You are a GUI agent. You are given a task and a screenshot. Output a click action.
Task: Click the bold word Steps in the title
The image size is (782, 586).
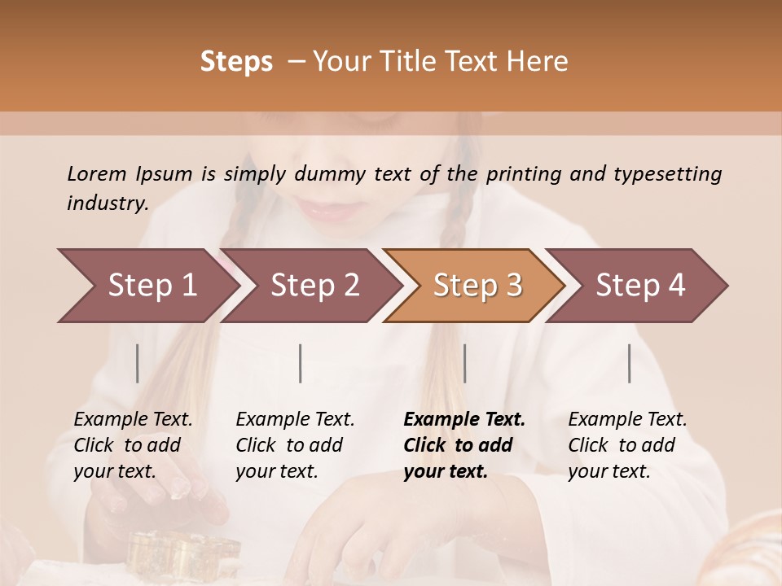236,62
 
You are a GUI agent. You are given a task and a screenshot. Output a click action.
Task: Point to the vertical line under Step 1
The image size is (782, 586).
138,363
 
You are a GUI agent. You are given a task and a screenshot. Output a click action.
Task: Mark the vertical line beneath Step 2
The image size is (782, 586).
301,363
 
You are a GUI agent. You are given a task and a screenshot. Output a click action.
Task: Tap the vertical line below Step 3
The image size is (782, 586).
465,363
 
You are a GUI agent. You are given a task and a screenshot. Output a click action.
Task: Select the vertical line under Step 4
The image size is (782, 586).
630,363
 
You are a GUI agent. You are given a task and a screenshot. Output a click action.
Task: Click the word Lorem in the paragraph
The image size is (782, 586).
97,173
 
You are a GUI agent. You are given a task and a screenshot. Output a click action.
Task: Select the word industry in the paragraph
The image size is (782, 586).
107,203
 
